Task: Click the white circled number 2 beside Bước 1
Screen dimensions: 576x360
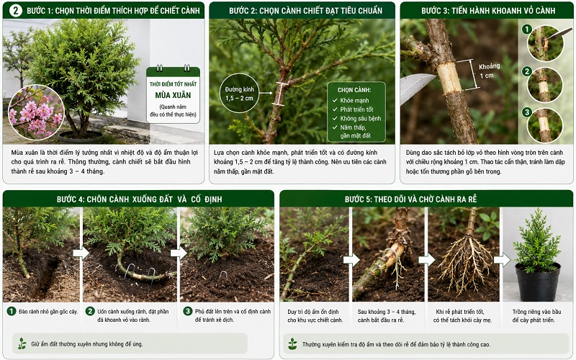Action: click(x=15, y=11)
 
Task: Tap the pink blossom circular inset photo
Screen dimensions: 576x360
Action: click(x=36, y=112)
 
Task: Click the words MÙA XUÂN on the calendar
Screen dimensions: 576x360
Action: click(x=173, y=95)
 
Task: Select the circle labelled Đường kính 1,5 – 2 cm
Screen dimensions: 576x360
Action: click(x=239, y=94)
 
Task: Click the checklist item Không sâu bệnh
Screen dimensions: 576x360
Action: click(x=360, y=118)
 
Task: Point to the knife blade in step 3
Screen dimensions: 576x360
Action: click(x=418, y=87)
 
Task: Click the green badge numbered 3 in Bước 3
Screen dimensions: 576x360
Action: click(x=527, y=112)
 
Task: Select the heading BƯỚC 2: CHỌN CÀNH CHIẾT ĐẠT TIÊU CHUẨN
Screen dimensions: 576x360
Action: click(x=305, y=11)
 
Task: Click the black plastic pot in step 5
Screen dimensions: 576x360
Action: click(x=538, y=282)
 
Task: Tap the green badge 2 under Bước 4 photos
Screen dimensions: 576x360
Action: click(x=90, y=311)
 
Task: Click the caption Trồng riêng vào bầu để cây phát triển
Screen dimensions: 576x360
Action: click(x=536, y=315)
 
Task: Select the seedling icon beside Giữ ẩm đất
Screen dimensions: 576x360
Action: click(x=22, y=343)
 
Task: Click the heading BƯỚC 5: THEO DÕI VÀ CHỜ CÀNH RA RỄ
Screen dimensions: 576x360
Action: click(x=410, y=199)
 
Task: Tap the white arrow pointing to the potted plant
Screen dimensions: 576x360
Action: click(x=502, y=259)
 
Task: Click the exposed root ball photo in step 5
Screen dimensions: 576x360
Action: click(x=464, y=254)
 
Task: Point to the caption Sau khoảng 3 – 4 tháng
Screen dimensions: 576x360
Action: click(x=387, y=312)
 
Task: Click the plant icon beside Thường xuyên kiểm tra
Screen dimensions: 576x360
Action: click(x=292, y=344)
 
